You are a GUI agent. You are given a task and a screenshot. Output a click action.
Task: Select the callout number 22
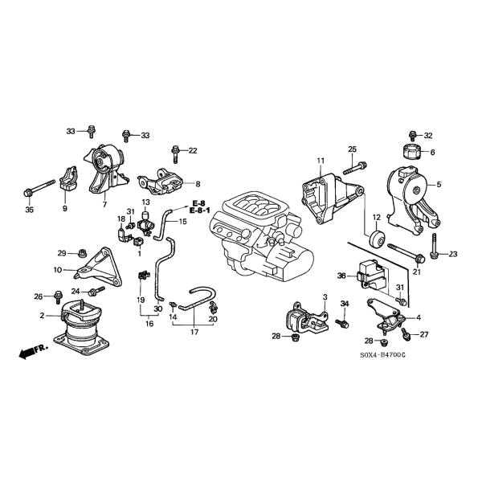(192, 150)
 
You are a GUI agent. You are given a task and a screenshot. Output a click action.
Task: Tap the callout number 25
(352, 149)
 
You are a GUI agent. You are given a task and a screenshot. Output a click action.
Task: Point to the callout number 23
(452, 254)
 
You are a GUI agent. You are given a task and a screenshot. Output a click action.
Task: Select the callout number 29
(61, 253)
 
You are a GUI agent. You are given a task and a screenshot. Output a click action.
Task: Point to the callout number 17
(193, 331)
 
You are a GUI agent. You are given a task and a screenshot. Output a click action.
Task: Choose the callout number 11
(320, 161)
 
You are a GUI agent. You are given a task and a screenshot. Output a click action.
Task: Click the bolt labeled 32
(411, 135)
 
